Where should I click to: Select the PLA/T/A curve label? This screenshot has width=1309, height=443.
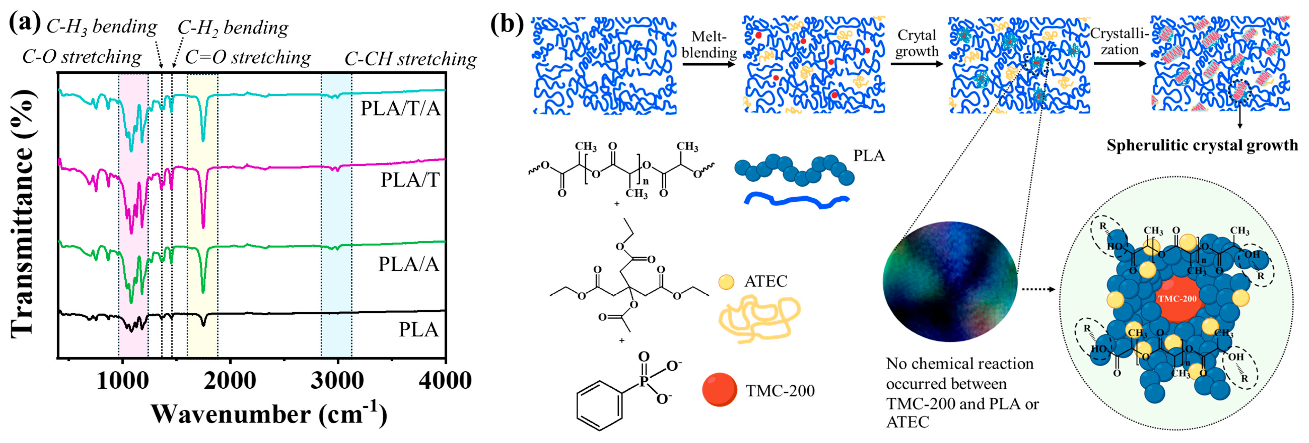tap(401, 109)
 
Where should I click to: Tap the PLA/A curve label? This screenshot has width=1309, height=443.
tap(408, 264)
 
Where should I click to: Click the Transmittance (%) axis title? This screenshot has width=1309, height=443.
tap(23, 214)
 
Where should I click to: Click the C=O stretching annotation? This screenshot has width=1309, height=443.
tap(248, 57)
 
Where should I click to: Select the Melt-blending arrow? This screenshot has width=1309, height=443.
tap(709, 63)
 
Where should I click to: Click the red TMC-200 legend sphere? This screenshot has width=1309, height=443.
tap(719, 390)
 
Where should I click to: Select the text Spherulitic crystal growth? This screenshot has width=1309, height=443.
tap(1202, 146)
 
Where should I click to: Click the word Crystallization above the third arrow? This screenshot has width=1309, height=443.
tap(1120, 42)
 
